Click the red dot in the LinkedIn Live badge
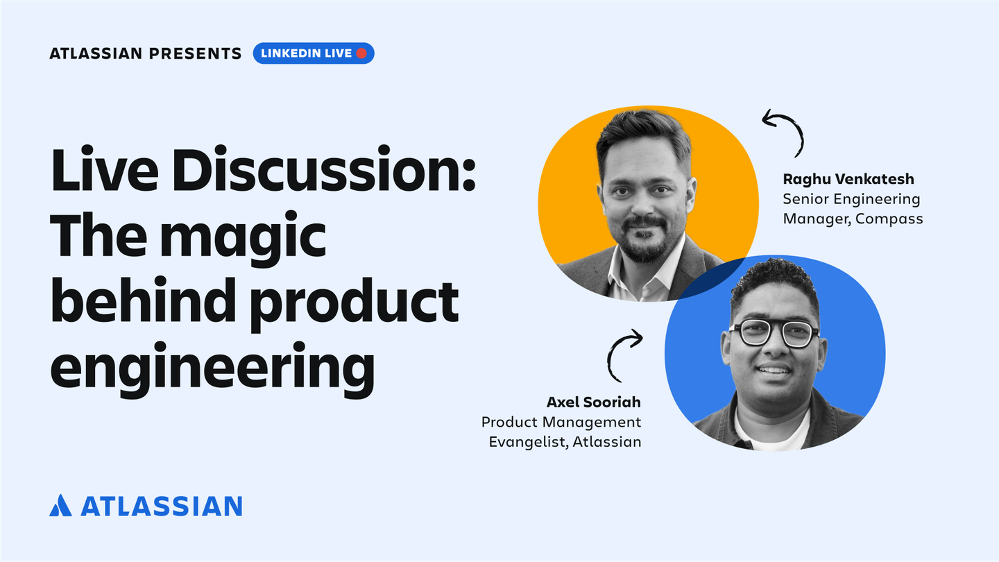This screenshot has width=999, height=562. click(x=361, y=53)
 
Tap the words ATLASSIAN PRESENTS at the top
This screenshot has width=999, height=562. click(x=146, y=53)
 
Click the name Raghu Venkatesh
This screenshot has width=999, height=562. click(x=848, y=180)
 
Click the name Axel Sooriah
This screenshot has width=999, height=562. click(x=594, y=402)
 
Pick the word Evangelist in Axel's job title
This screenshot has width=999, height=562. click(x=524, y=441)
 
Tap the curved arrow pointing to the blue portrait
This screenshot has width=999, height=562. click(x=622, y=354)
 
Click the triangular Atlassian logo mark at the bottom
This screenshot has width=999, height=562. click(x=61, y=505)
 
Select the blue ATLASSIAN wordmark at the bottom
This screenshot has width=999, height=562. click(x=162, y=506)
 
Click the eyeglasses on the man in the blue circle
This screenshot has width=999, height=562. click(x=773, y=334)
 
